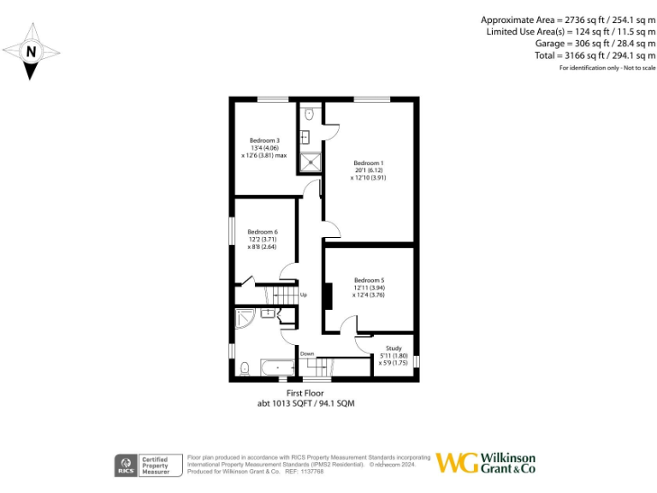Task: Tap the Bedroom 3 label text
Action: click(264, 140)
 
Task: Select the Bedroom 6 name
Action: click(263, 232)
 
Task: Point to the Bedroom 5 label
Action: click(369, 280)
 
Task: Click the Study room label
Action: click(394, 348)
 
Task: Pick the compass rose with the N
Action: click(32, 52)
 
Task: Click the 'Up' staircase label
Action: click(303, 295)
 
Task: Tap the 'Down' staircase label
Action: click(306, 353)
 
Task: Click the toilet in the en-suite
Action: click(310, 113)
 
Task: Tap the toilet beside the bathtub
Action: click(246, 369)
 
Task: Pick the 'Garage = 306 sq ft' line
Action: click(594, 43)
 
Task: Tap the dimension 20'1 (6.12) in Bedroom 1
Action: click(369, 170)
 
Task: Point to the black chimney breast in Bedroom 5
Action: click(327, 295)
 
